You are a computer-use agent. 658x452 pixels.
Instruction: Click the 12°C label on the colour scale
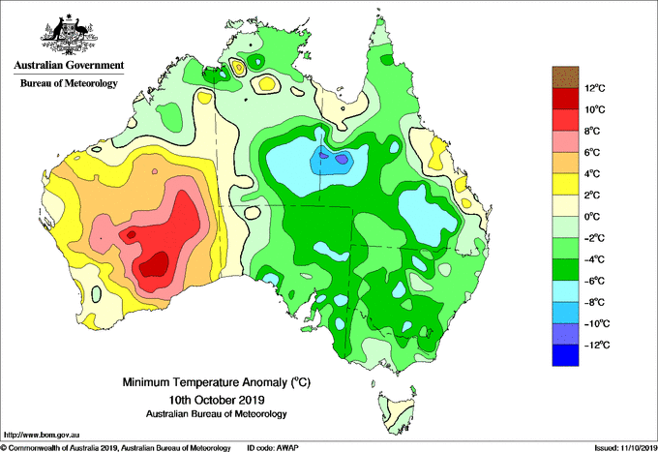(x=595, y=88)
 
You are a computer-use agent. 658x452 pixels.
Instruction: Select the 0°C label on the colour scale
(x=592, y=217)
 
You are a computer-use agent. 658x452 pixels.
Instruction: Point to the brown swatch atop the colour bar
(x=565, y=76)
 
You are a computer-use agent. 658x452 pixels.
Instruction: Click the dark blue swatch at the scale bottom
(x=565, y=355)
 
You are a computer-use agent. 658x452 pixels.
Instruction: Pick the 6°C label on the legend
(x=592, y=152)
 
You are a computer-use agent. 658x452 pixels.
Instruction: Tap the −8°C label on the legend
(x=594, y=302)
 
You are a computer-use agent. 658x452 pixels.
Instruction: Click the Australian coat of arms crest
(x=69, y=35)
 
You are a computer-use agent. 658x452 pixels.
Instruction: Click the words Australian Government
(x=69, y=65)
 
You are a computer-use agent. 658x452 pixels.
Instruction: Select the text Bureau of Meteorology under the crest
(x=69, y=83)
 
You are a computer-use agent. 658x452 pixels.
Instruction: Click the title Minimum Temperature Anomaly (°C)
(x=217, y=382)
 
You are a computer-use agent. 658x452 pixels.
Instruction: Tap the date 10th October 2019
(x=217, y=399)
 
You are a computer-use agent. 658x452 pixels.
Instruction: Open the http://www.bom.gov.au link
(x=42, y=435)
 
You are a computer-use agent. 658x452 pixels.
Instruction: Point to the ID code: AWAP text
(x=273, y=448)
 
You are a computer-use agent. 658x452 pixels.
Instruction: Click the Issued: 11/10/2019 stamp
(x=625, y=448)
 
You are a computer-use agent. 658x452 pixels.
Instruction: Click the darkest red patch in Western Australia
(x=155, y=264)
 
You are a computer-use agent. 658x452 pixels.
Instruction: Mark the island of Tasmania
(x=397, y=410)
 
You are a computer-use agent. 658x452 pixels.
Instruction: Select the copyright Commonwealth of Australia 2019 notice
(x=116, y=448)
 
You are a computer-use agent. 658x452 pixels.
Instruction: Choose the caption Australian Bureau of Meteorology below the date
(x=217, y=414)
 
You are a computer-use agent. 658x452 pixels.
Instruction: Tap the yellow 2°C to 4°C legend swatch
(x=565, y=184)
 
